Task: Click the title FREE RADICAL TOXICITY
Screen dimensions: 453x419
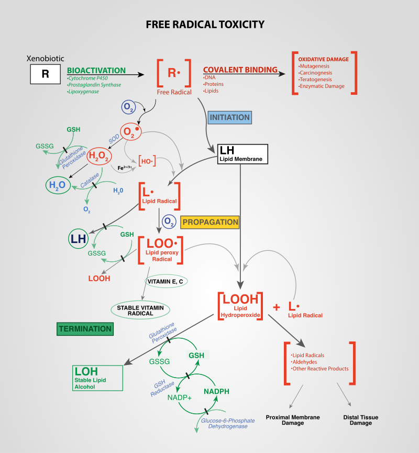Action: [x=205, y=25]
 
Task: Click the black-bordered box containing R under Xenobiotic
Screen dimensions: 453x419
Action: [x=45, y=74]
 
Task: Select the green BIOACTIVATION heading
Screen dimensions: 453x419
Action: [x=96, y=70]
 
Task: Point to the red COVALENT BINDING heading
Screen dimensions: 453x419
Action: [x=240, y=70]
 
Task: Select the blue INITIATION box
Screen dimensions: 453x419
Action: [x=230, y=117]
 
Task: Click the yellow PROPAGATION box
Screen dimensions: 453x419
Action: [x=210, y=222]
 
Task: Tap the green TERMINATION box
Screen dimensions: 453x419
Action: [x=85, y=329]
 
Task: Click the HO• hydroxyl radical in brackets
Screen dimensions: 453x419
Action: [x=147, y=163]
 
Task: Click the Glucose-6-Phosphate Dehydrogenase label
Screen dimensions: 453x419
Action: [x=220, y=424]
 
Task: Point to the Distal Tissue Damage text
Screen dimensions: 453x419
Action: [x=361, y=420]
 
